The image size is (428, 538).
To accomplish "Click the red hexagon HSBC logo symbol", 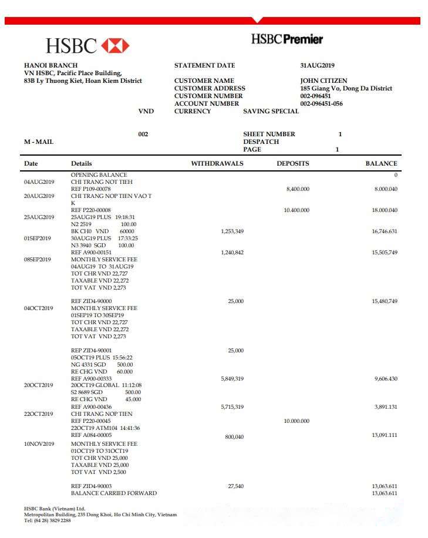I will point(115,46).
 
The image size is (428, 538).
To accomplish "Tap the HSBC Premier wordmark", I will point(287,39).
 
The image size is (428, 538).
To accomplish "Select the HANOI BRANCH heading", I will point(50,65).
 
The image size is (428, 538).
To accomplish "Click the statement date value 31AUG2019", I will point(317,65).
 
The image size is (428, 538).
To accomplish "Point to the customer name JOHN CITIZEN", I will point(323,80).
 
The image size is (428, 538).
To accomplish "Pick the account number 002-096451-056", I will point(321,103).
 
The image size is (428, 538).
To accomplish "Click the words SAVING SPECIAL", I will point(271,111).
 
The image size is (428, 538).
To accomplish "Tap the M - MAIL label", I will point(39,142).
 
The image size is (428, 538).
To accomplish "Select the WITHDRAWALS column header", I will point(217,163).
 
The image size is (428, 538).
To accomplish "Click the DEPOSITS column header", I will point(292,163).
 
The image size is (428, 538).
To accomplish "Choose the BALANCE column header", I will point(381,163).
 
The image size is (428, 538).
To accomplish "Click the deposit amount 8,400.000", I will point(298,189).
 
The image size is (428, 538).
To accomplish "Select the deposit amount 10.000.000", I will point(296,421).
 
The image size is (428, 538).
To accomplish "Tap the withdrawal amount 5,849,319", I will point(232,379).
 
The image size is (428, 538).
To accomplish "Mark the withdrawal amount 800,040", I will point(234,436).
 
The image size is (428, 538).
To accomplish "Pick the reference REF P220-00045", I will point(91,421).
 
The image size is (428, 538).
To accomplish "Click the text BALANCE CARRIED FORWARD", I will point(114,493).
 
